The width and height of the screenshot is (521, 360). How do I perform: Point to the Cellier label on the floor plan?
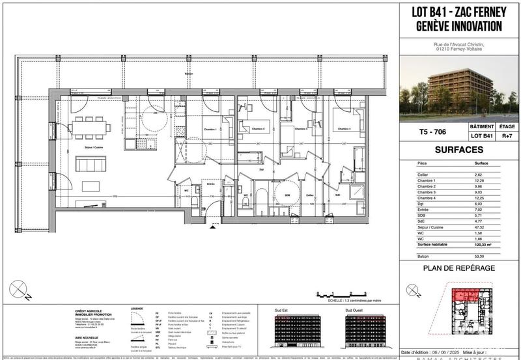[311, 194]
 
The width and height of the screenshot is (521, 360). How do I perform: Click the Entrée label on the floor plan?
[211, 184]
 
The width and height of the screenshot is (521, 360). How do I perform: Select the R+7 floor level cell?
[503, 137]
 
